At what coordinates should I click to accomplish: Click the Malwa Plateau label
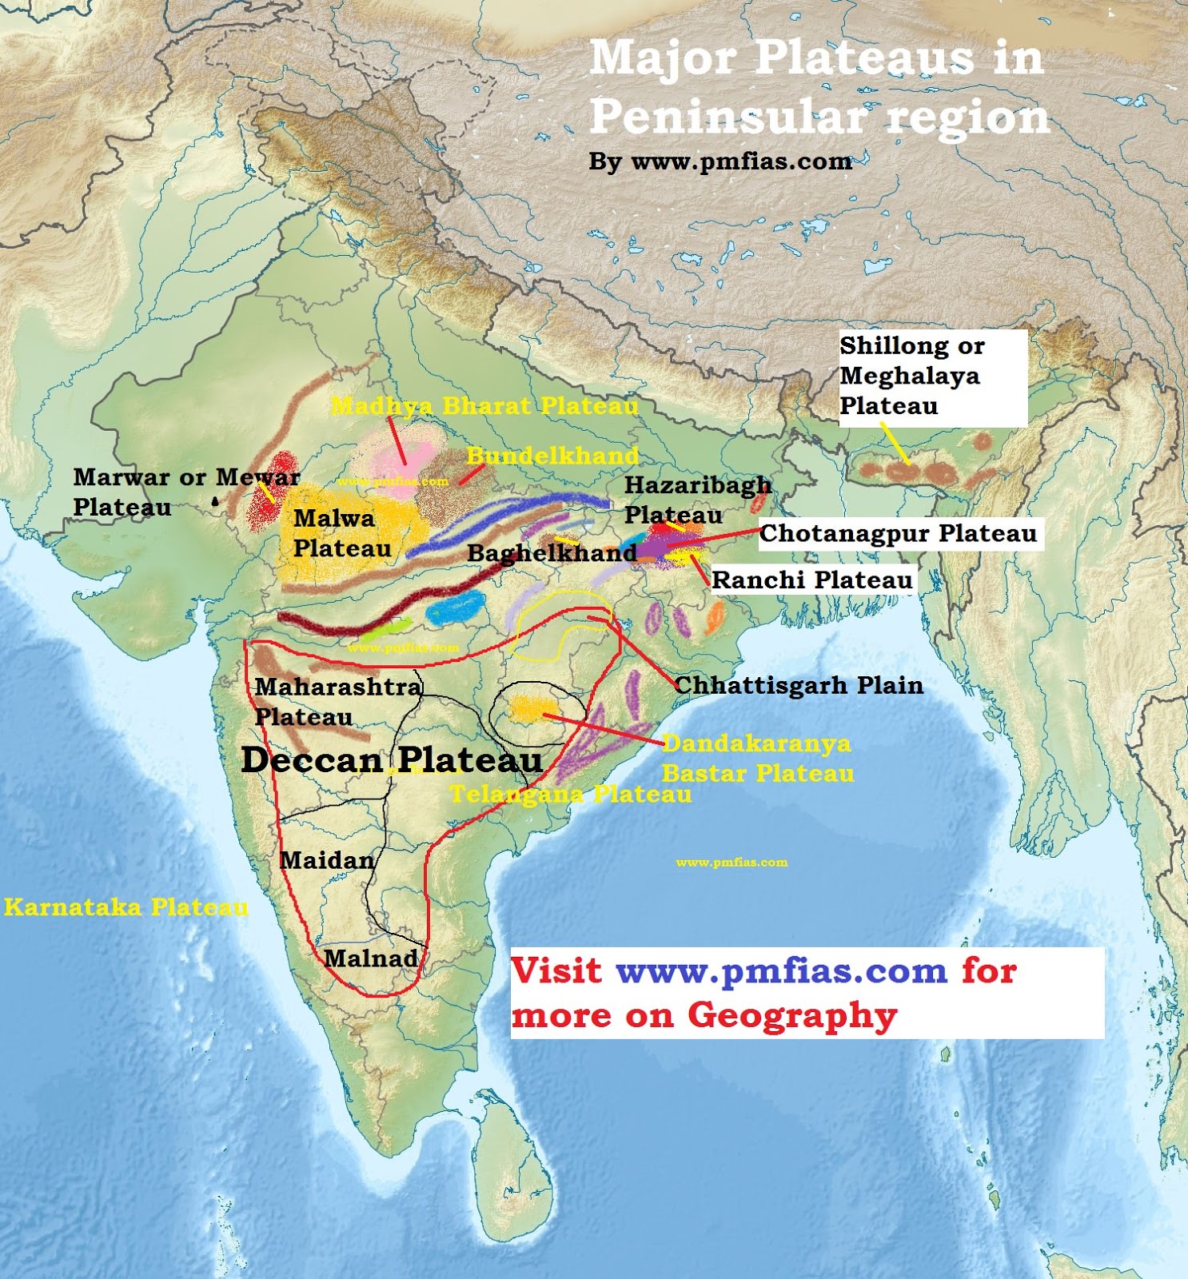pos(342,533)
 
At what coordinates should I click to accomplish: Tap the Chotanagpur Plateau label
pos(898,533)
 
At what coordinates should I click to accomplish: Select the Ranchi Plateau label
pos(811,580)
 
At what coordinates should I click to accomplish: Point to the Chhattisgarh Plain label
pos(799,685)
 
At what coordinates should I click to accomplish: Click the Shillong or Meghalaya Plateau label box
pos(931,377)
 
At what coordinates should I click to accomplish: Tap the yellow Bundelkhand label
pos(552,456)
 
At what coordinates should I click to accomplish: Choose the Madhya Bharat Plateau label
pos(484,406)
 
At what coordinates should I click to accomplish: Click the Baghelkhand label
pos(552,552)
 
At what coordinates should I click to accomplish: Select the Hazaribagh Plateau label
pos(697,500)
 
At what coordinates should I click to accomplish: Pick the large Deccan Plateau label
pos(392,759)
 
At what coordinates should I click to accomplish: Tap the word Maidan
pos(327,860)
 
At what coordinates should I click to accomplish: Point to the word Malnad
pos(371,958)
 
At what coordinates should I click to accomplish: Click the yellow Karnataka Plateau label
pos(126,907)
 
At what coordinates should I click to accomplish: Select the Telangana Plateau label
pos(571,794)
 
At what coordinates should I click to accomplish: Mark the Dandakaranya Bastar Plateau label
pos(757,758)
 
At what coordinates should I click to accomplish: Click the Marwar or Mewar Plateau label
pos(186,492)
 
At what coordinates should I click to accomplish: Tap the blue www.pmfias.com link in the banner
pos(781,971)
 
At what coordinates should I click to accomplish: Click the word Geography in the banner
pos(792,1015)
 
